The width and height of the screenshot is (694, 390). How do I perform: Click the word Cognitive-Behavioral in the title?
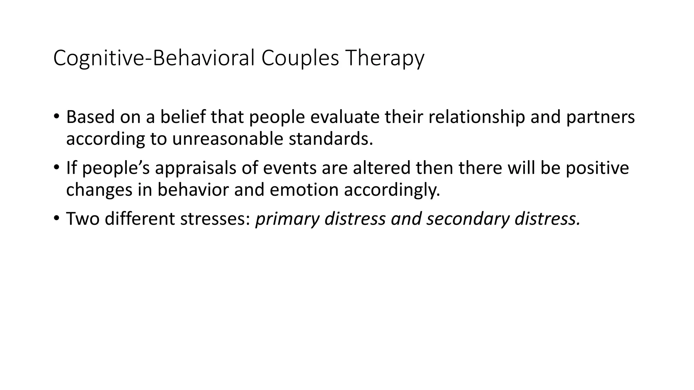coord(154,58)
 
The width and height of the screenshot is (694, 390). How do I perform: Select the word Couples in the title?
coord(300,58)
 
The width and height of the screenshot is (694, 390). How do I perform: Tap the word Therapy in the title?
coord(384,58)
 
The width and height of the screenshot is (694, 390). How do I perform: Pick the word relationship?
coord(476,117)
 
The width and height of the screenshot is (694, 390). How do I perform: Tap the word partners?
coord(600,117)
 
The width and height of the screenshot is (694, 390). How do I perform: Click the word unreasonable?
coord(227,139)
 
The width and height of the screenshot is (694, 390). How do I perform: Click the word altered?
coord(381,168)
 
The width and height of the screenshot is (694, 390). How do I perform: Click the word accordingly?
coord(392,190)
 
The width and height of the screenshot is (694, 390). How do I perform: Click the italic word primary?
coord(287,219)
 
